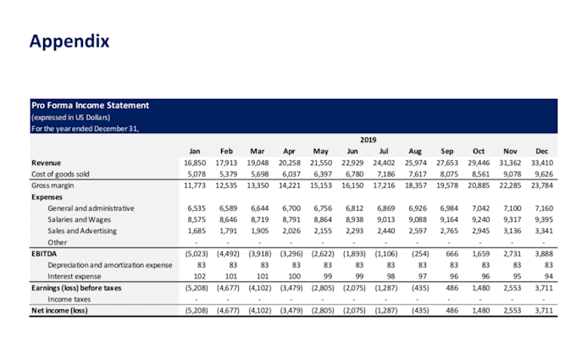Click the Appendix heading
click(x=69, y=42)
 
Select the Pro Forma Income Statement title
click(x=90, y=105)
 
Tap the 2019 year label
click(x=368, y=140)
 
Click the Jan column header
click(x=195, y=152)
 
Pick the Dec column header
click(x=542, y=152)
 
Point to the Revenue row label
click(x=46, y=163)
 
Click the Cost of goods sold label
click(x=60, y=174)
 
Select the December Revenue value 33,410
click(x=542, y=163)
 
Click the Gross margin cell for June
click(x=352, y=186)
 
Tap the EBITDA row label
click(x=44, y=254)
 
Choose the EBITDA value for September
click(x=451, y=254)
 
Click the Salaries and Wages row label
click(x=79, y=219)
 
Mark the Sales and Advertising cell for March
click(x=260, y=231)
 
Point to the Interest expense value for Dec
click(x=548, y=277)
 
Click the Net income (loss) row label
click(x=59, y=311)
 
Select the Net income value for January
click(x=197, y=311)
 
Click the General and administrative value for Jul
click(x=386, y=208)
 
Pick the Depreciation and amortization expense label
click(x=110, y=265)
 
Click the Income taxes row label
click(x=69, y=299)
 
